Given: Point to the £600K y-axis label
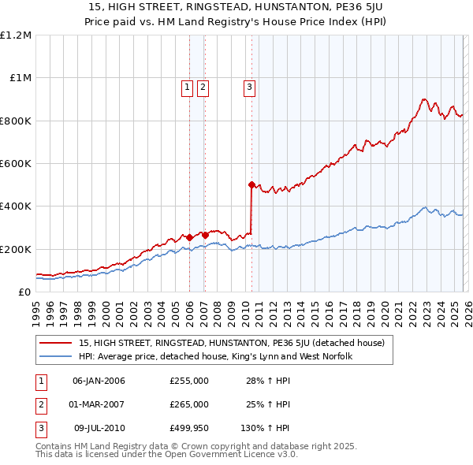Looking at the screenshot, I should click(x=16, y=164).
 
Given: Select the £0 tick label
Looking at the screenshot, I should click(x=24, y=292).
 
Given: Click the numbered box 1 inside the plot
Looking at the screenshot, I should click(x=188, y=87).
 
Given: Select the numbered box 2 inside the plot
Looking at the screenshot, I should click(x=203, y=87).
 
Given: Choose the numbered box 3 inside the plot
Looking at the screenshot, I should click(x=250, y=87).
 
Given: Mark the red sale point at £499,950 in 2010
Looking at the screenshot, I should click(x=251, y=184).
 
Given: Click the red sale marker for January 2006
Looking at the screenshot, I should click(x=189, y=236).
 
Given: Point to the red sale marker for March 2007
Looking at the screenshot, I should click(x=205, y=235).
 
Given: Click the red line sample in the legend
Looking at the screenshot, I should click(x=57, y=343).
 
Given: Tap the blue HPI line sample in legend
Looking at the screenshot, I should click(x=57, y=356).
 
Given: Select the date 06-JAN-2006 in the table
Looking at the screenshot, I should click(x=99, y=381).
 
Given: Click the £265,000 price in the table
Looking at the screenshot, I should click(x=189, y=404).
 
